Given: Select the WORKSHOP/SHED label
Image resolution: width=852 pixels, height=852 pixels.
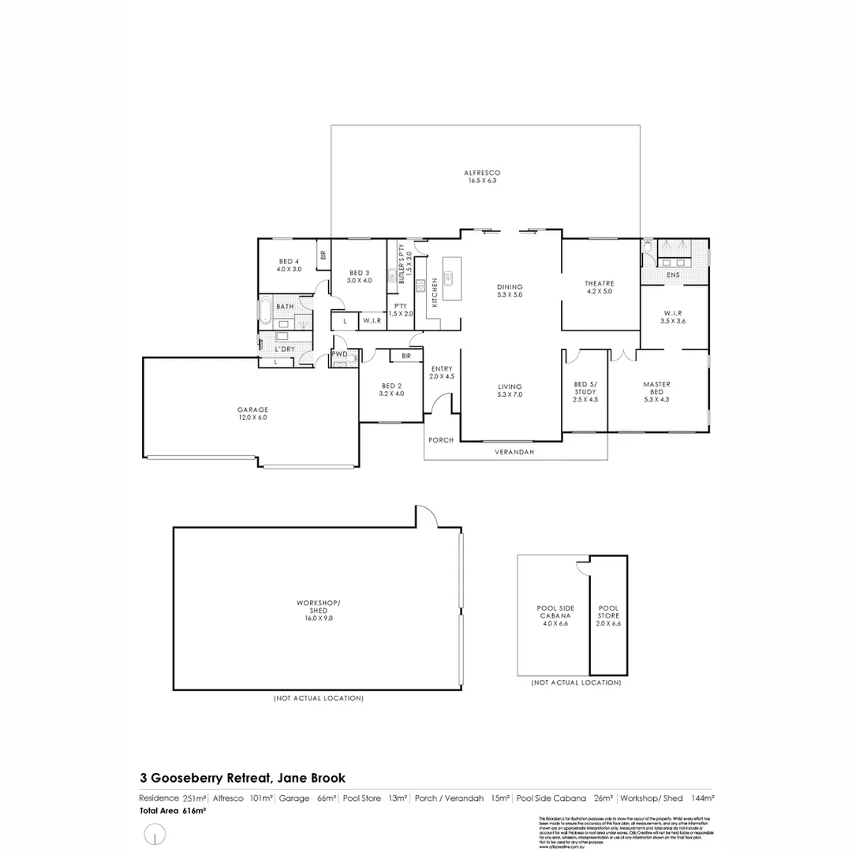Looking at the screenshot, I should (318, 611).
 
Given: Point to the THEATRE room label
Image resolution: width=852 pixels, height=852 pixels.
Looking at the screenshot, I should (600, 287).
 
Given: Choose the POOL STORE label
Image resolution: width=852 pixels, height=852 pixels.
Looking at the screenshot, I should (608, 615).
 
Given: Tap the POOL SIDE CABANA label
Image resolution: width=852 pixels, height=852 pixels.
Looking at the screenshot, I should (555, 615).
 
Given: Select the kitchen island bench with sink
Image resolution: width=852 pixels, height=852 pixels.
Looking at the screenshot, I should (451, 278).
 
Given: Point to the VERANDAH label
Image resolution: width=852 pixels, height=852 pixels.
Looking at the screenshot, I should (514, 452).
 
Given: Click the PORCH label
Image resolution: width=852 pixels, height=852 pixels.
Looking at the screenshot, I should (441, 439).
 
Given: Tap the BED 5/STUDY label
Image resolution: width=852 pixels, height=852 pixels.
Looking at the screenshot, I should (585, 391).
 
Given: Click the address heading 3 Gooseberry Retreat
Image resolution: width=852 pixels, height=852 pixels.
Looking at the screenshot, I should (242, 778).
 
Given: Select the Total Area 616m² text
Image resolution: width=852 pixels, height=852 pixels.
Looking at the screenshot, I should (173, 810).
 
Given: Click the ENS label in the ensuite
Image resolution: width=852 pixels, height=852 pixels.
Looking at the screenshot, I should (673, 275).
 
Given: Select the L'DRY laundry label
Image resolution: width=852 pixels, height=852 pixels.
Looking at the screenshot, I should (284, 349).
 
